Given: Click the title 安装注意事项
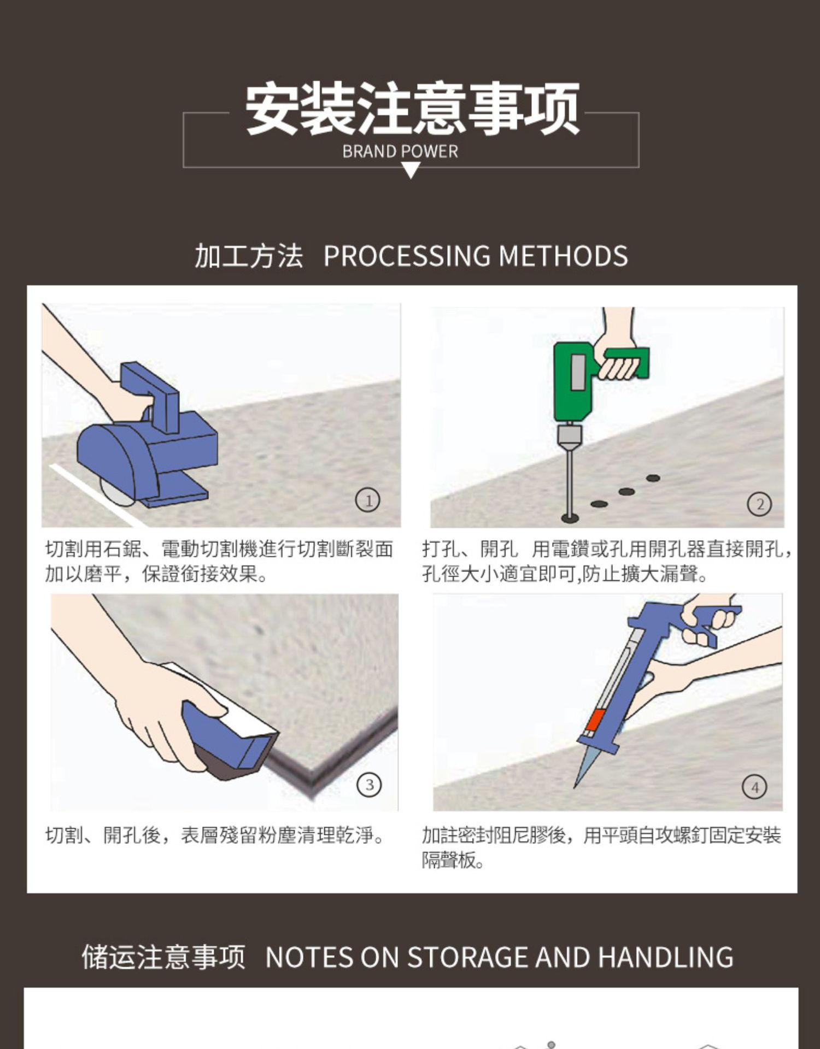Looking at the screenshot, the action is [x=412, y=109].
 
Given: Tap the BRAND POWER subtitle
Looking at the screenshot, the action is [x=400, y=151].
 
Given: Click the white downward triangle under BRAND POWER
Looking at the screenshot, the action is [x=411, y=172].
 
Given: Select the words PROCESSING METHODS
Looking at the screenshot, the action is [x=476, y=256].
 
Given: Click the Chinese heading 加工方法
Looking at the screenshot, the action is [x=249, y=256].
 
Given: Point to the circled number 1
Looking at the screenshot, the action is [x=368, y=500].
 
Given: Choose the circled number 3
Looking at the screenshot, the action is [x=369, y=785].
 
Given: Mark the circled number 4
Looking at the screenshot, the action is [x=754, y=787].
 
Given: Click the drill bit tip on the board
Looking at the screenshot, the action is [x=570, y=517].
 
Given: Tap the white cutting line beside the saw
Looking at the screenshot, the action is [x=96, y=495].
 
